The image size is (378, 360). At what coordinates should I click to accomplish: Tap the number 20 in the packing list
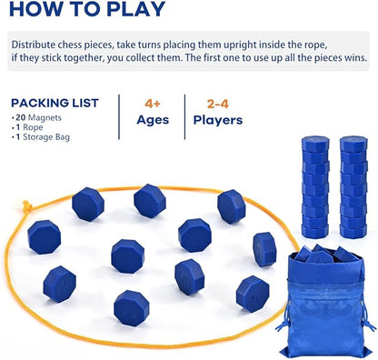point(24,118)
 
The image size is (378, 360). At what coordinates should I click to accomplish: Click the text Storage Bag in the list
point(47,137)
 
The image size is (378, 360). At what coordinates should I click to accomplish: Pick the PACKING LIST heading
point(55,103)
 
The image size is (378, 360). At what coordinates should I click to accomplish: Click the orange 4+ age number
point(152,102)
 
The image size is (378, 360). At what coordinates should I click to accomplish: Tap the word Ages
point(152,120)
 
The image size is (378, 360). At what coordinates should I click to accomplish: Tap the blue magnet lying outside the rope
point(264,248)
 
